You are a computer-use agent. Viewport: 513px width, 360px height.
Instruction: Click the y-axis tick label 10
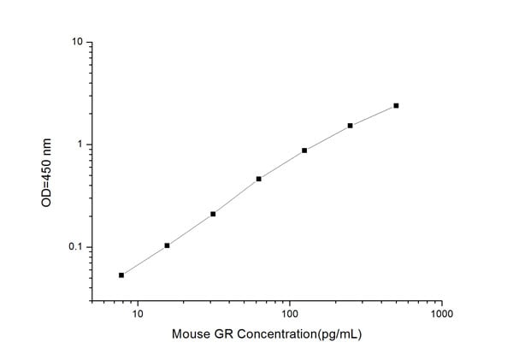click(78, 42)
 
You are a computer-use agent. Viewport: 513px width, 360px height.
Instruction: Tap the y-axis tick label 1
click(80, 145)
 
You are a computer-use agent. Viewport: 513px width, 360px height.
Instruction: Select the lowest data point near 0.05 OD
click(121, 275)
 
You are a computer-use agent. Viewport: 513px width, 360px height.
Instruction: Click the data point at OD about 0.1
click(167, 245)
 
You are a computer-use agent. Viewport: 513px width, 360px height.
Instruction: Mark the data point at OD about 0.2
click(213, 214)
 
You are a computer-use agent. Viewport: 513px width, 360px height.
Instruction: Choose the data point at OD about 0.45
click(258, 179)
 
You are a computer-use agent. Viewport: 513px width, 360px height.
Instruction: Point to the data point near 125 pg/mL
click(304, 150)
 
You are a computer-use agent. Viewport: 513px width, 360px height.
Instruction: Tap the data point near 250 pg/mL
click(351, 126)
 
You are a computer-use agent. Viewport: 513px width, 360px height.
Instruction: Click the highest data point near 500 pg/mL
click(396, 105)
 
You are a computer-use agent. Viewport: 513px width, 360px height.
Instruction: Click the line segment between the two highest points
click(374, 115)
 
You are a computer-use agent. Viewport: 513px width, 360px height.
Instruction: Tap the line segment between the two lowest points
click(144, 261)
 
